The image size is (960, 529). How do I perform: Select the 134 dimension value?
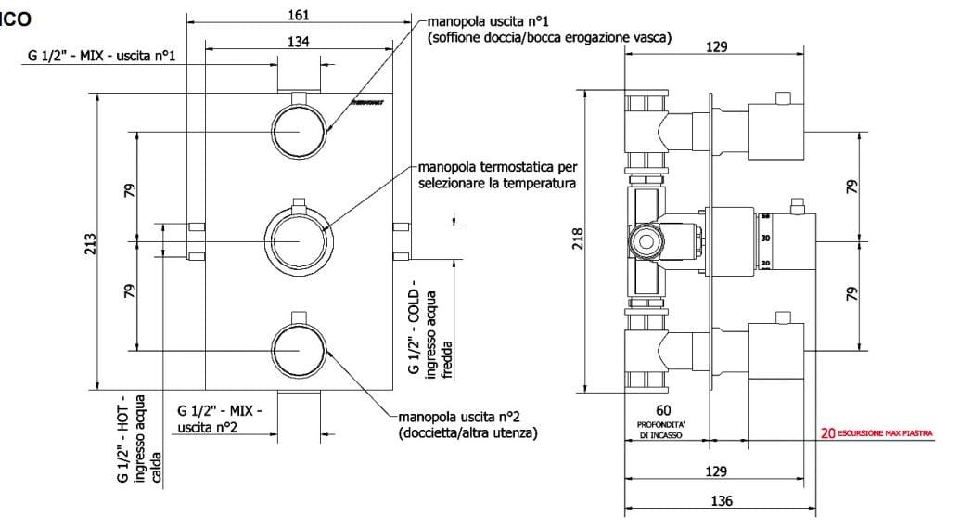point(299,41)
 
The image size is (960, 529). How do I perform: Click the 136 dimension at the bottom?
point(721,500)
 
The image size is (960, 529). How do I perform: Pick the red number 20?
point(826,432)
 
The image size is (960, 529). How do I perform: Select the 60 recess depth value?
point(662,409)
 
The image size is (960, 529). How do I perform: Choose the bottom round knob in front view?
point(299,349)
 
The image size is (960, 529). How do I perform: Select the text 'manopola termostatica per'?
point(497,168)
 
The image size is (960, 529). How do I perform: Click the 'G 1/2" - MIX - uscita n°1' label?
point(102,57)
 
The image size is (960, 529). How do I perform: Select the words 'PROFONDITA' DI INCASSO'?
point(662,428)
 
